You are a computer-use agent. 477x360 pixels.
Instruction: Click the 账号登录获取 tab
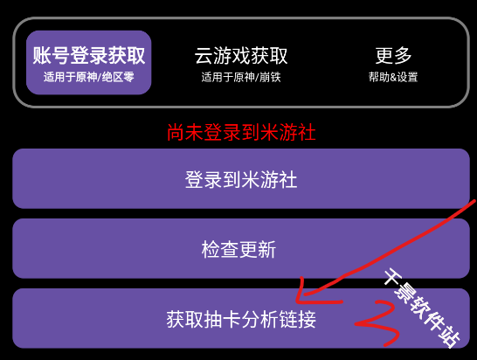88,62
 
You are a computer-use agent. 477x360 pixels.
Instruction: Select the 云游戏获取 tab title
241,56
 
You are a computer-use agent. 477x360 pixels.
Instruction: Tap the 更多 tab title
393,55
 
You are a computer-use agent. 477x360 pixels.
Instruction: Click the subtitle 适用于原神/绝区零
88,77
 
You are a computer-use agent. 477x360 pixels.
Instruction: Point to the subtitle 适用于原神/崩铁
241,77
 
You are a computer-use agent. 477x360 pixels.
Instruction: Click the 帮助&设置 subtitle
393,77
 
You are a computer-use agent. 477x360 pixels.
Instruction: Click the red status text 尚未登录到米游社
241,132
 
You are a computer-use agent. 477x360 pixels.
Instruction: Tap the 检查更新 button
241,249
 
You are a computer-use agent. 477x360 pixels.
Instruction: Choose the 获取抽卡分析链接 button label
241,319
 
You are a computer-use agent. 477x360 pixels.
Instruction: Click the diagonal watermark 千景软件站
422,308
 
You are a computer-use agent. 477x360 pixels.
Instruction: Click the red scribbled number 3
377,323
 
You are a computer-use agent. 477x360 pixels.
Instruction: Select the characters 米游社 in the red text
287,132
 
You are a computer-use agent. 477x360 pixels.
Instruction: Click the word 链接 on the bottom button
298,319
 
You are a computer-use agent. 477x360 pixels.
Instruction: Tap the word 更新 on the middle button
258,250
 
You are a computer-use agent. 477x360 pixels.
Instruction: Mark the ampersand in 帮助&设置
393,77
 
